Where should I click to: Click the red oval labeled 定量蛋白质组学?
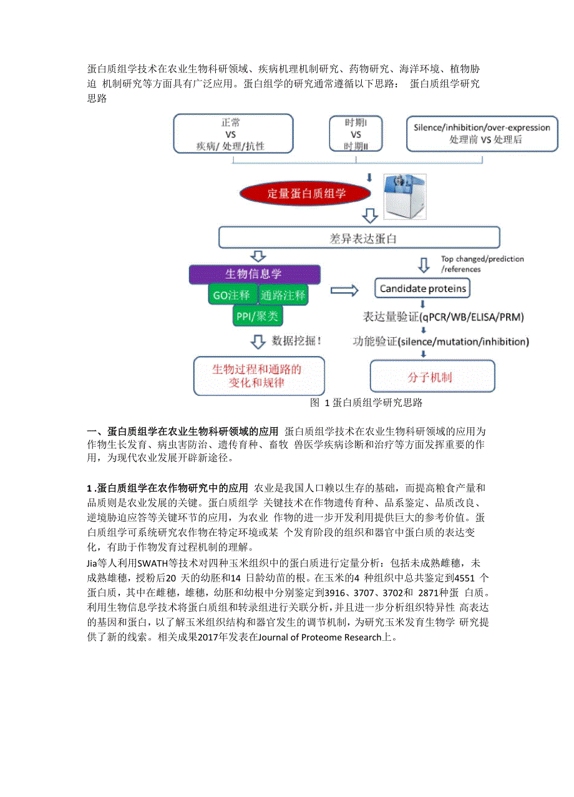click(x=306, y=194)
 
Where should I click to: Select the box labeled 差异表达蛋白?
click(x=359, y=238)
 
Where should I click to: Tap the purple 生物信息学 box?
click(x=254, y=274)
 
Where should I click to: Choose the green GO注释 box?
click(x=231, y=295)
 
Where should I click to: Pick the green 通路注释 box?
click(x=283, y=295)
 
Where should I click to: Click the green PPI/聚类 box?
click(x=257, y=316)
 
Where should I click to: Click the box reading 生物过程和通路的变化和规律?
click(x=256, y=376)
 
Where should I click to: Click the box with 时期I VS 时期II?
click(x=356, y=134)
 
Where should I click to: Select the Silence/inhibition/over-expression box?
click(x=482, y=134)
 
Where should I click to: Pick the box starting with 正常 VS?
click(x=234, y=134)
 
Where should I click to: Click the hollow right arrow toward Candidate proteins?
click(x=344, y=290)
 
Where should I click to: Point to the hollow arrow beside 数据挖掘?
click(x=257, y=341)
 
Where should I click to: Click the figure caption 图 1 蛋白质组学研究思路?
click(x=366, y=403)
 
